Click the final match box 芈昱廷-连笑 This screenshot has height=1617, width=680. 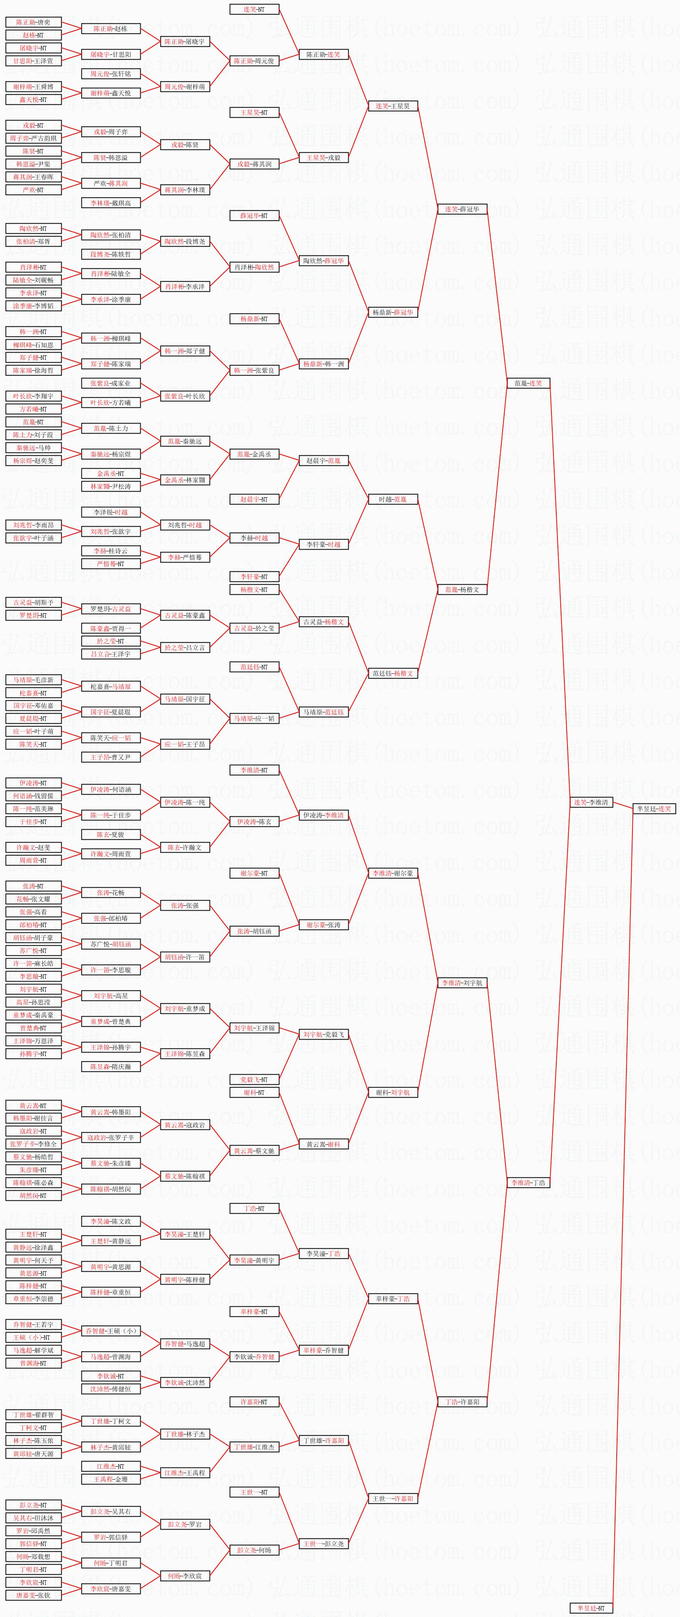point(654,808)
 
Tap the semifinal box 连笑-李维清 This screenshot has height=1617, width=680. point(591,802)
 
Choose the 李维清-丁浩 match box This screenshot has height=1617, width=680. point(528,1183)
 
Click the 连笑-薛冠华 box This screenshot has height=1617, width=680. point(462,209)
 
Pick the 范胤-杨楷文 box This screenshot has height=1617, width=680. point(462,590)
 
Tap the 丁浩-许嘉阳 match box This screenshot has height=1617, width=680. point(462,1402)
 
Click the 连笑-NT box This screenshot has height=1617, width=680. point(254,9)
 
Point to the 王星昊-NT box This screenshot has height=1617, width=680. point(254,112)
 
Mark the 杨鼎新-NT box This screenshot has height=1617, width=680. point(254,319)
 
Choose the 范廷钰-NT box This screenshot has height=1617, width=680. point(254,666)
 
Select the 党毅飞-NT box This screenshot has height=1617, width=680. point(254,1079)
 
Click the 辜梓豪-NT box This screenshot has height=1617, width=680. point(254,1311)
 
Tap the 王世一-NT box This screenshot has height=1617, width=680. point(254,1492)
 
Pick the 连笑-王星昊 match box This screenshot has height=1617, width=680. point(393,106)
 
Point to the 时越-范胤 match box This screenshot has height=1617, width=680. point(393,499)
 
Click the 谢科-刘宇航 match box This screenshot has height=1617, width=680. point(393,1092)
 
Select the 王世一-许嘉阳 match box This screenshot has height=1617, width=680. point(393,1499)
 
